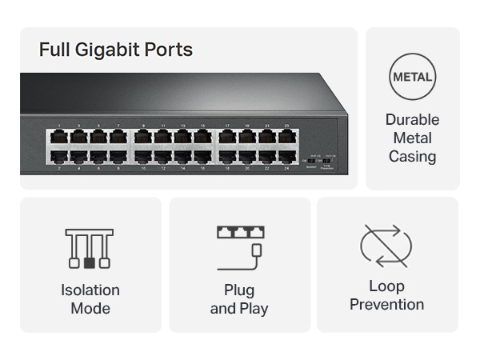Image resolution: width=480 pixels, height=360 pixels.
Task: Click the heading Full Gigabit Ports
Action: pyautogui.click(x=116, y=50)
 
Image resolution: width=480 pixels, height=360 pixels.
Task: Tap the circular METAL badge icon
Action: pyautogui.click(x=412, y=78)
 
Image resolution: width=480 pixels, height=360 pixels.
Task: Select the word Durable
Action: pyautogui.click(x=412, y=120)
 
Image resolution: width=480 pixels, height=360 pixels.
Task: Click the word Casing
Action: pyautogui.click(x=412, y=156)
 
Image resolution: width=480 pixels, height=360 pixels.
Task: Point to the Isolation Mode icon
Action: pyautogui.click(x=90, y=248)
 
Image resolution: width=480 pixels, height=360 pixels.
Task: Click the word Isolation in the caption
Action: pyautogui.click(x=90, y=290)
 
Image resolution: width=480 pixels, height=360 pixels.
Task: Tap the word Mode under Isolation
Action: pyautogui.click(x=90, y=308)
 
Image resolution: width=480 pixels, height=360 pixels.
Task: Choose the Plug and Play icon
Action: pyautogui.click(x=239, y=244)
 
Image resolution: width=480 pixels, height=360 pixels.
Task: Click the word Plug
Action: pyautogui.click(x=239, y=290)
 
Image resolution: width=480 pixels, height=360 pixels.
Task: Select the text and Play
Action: pyautogui.click(x=239, y=308)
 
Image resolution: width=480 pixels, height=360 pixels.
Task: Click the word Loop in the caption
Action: pyautogui.click(x=386, y=286)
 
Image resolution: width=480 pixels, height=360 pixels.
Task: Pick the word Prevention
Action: pyautogui.click(x=386, y=304)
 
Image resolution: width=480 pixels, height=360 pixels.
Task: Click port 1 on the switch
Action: pyautogui.click(x=59, y=137)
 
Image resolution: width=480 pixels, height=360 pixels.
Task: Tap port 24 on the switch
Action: pyautogui.click(x=286, y=158)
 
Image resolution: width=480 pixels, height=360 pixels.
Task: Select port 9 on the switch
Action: pyautogui.click(x=144, y=137)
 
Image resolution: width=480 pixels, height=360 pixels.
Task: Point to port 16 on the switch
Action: pyautogui.click(x=202, y=158)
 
